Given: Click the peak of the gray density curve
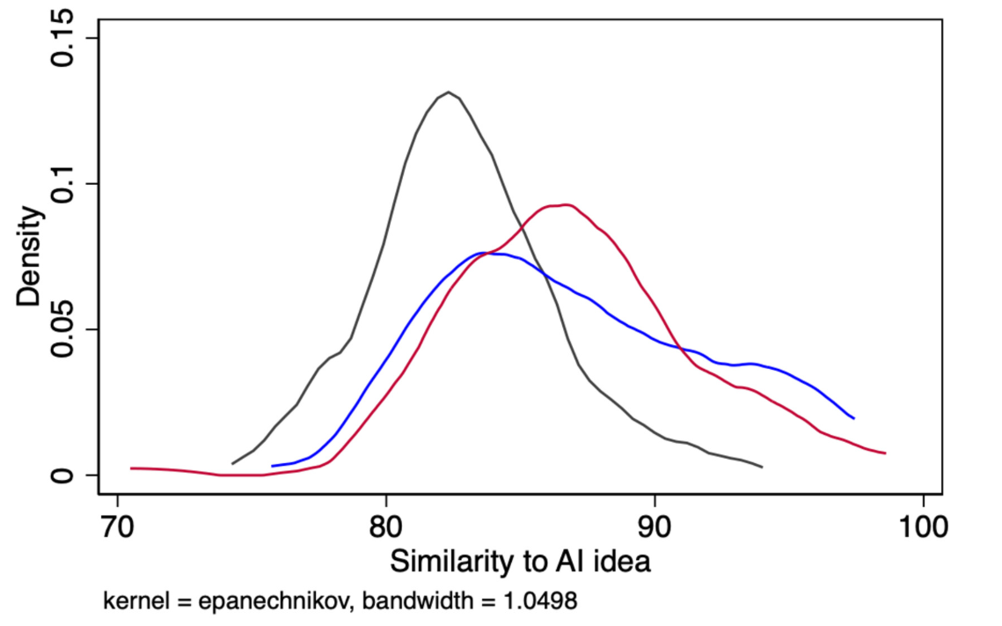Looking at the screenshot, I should tap(449, 92).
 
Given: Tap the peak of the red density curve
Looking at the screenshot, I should tap(566, 205).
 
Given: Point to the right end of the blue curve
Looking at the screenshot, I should tap(853, 418).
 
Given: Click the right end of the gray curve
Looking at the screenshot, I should tap(762, 467).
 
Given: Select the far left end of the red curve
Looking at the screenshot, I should tap(131, 468).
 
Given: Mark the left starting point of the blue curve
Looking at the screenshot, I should tap(273, 466).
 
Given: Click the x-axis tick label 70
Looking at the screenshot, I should tap(118, 528).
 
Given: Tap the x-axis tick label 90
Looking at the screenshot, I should tap(655, 528).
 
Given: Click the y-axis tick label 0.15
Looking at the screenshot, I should tap(63, 39).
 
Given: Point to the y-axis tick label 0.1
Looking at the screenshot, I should tap(63, 184).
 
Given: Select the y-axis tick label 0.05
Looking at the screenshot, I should tap(63, 329).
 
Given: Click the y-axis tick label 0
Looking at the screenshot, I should tap(63, 475).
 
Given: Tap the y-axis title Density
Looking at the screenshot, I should tap(28, 256).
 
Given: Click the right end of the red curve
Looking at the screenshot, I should tap(884, 453).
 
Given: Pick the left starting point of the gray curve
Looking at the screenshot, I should tap(233, 463).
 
